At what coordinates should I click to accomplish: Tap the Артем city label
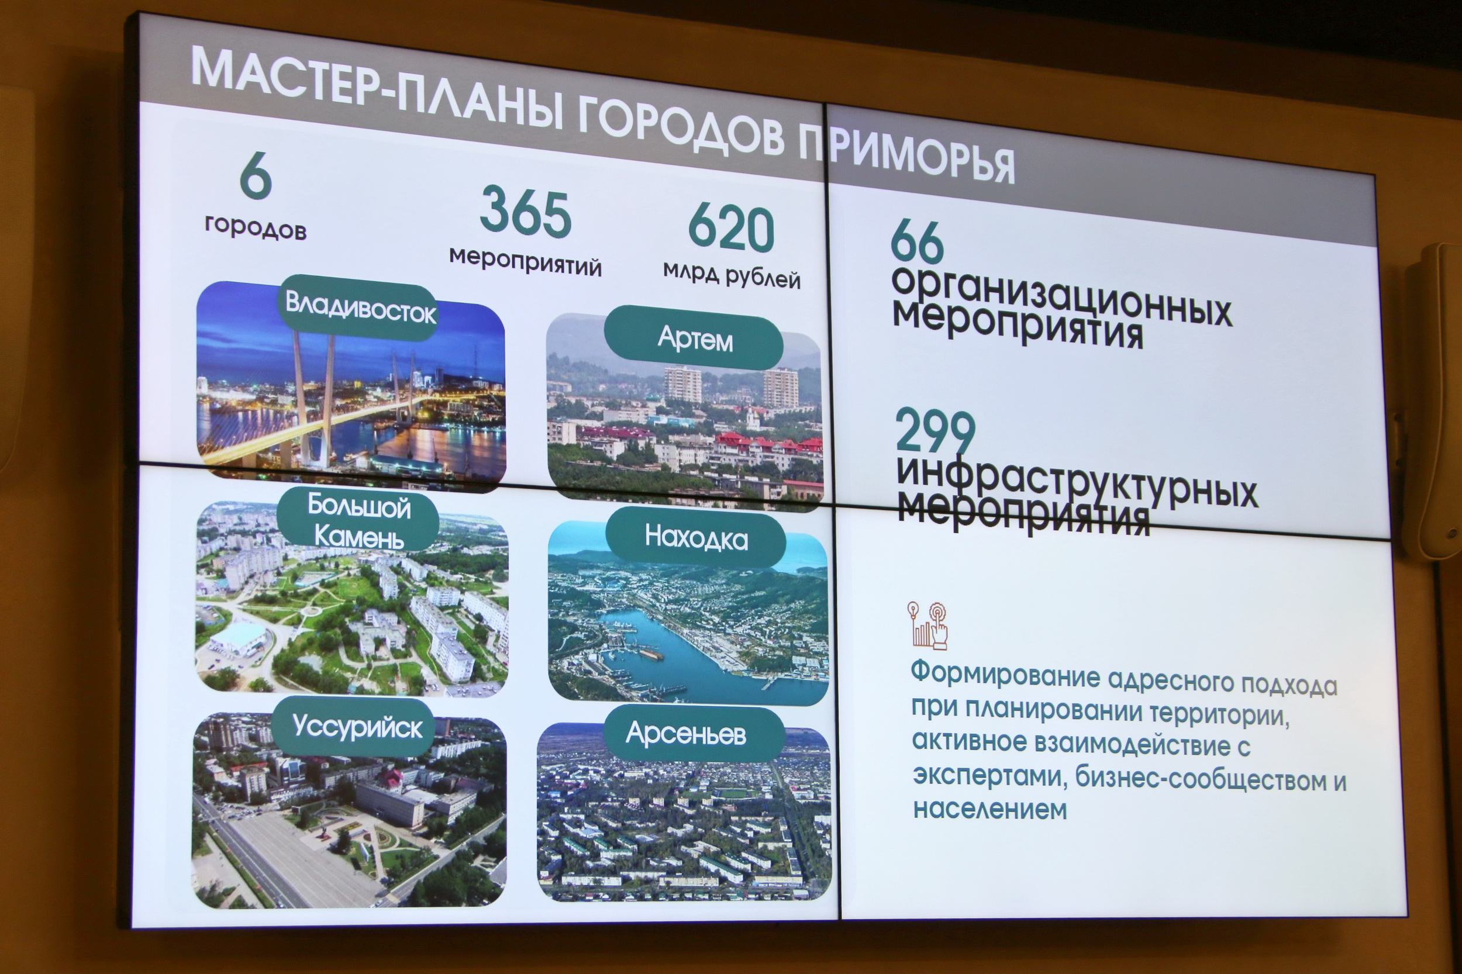[694, 339]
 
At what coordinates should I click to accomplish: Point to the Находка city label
[696, 538]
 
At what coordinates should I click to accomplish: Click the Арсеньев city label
[686, 734]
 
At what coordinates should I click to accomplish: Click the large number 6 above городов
[256, 175]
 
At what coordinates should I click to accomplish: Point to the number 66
[916, 241]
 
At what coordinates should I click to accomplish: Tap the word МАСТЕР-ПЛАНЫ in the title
[377, 89]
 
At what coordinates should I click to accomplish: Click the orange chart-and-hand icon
[927, 625]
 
